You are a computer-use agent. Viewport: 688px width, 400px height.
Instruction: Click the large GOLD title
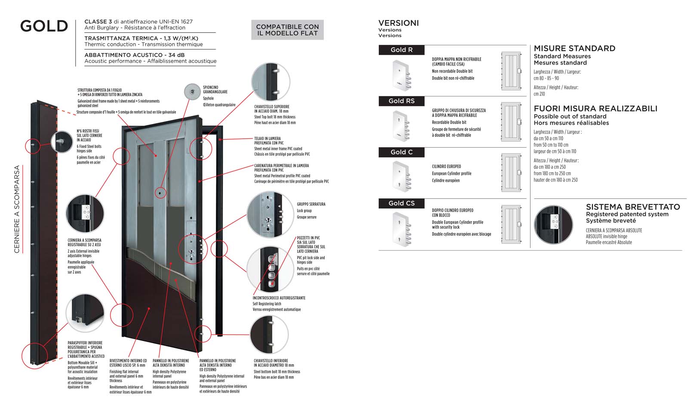pyautogui.click(x=44, y=26)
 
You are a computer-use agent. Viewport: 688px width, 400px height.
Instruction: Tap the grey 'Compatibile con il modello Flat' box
pyautogui.click(x=287, y=30)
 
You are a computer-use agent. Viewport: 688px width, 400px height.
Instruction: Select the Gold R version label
pyautogui.click(x=401, y=50)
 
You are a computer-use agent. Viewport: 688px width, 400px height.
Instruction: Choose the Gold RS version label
pyautogui.click(x=401, y=101)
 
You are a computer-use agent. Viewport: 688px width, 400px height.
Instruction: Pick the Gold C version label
pyautogui.click(x=401, y=152)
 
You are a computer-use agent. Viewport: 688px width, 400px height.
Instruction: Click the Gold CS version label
pyautogui.click(x=401, y=203)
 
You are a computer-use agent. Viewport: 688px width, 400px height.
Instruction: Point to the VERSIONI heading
pyautogui.click(x=398, y=23)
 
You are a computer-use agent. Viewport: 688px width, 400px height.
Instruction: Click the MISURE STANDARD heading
pyautogui.click(x=574, y=49)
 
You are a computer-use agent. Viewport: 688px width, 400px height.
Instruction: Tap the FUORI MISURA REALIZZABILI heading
pyautogui.click(x=595, y=109)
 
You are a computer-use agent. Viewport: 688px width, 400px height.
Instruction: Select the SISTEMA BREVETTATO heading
pyautogui.click(x=633, y=207)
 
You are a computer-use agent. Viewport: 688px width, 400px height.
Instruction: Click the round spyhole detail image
pyautogui.click(x=192, y=92)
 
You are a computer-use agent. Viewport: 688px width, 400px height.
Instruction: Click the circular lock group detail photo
pyautogui.click(x=270, y=215)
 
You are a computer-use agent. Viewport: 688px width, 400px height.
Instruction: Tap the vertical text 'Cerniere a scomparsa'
pyautogui.click(x=17, y=209)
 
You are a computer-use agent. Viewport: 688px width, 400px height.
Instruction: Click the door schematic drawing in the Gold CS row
pyautogui.click(x=511, y=224)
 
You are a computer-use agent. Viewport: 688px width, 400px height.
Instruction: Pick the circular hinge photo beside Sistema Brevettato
pyautogui.click(x=553, y=224)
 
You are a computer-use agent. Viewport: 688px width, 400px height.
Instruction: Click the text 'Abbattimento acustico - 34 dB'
pyautogui.click(x=134, y=55)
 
